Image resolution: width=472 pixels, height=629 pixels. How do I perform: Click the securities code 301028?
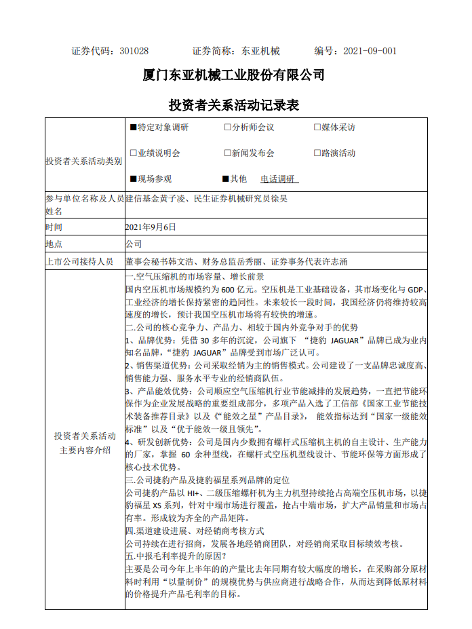134,51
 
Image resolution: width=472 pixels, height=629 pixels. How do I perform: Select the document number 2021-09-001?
370,51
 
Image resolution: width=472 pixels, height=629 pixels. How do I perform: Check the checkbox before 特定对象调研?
134,127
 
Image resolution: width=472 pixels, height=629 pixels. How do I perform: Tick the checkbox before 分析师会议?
228,127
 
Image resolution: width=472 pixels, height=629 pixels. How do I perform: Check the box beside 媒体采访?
317,127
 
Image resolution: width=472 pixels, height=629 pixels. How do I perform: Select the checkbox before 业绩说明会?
134,153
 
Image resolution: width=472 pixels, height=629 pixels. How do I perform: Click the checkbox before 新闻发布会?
228,153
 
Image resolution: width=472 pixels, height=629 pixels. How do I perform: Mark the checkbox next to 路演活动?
317,153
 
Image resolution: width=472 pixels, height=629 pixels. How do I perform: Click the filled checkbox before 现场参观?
134,179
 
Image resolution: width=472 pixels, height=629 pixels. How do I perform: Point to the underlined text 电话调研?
278,179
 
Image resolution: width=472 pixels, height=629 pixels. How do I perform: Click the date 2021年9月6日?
151,227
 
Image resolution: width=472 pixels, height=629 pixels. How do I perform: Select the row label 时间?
54,227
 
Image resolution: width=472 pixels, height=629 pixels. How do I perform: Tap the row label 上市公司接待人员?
79,261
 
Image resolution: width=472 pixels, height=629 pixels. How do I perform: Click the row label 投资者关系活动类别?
84,161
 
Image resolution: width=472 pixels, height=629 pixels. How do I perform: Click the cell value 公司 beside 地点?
134,244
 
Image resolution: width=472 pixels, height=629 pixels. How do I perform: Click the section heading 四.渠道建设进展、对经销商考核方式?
195,531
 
